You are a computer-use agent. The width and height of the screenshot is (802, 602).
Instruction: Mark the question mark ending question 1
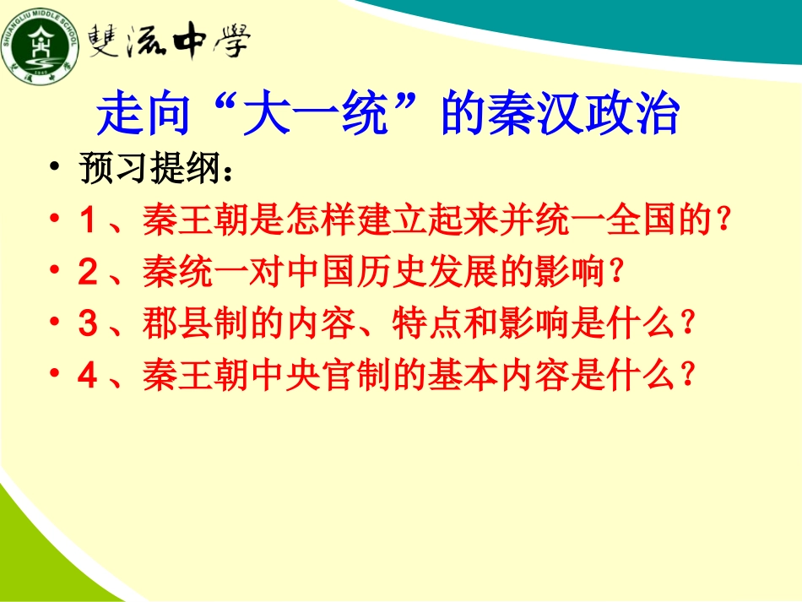[722, 221]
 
